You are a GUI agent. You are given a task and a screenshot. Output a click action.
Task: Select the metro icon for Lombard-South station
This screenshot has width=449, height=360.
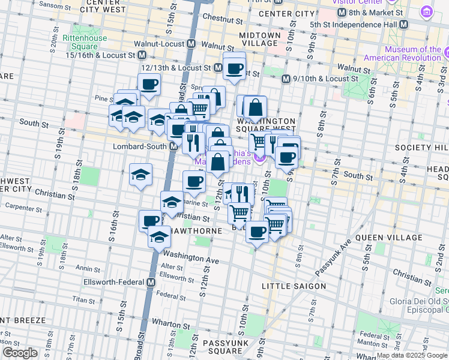tap(173, 146)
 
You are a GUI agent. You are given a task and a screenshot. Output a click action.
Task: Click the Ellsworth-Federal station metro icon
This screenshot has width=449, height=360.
tap(151, 282)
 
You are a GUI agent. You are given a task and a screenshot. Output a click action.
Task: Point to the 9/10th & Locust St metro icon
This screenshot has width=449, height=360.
tap(286, 79)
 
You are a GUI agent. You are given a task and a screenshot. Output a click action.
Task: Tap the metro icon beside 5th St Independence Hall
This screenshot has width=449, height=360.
tap(403, 24)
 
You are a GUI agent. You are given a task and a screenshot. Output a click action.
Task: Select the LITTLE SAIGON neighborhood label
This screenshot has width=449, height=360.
tap(294, 287)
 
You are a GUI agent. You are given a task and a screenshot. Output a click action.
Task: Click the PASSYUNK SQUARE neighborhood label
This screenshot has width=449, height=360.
tap(222, 346)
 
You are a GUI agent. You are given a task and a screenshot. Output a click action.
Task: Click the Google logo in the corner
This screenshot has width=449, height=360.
tap(20, 353)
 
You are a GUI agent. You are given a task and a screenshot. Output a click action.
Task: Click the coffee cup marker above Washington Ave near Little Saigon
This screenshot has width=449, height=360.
tap(257, 232)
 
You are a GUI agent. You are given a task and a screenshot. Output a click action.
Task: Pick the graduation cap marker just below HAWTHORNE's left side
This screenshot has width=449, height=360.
tap(159, 238)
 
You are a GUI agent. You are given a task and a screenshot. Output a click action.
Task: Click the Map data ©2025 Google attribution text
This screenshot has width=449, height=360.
tap(412, 355)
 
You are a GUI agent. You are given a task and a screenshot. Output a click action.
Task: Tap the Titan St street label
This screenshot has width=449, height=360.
tap(81, 298)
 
